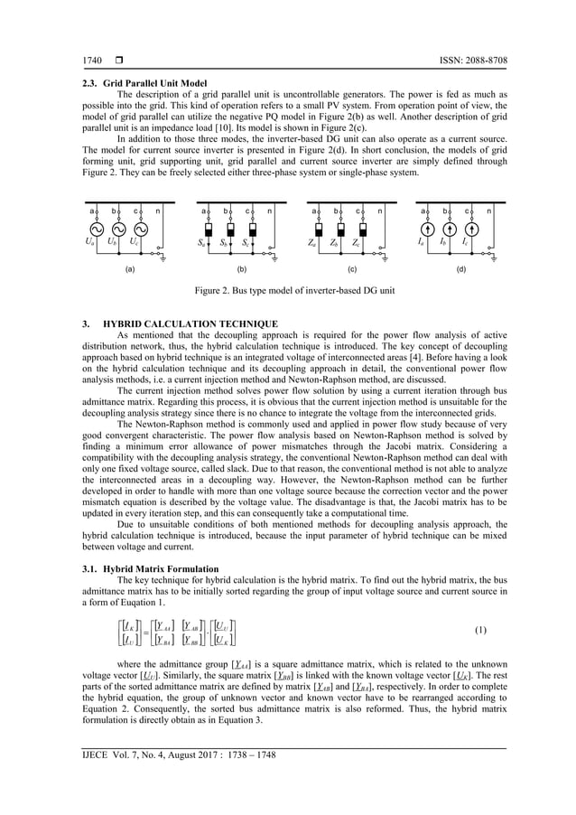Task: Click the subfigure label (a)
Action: click(x=129, y=269)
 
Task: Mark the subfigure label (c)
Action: click(x=351, y=269)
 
